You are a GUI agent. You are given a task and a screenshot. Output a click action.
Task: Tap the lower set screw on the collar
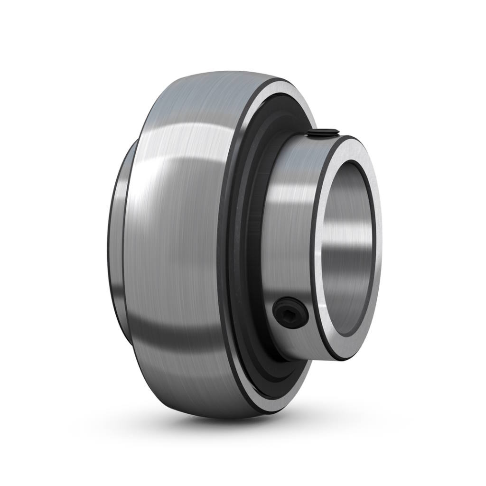click(x=291, y=313)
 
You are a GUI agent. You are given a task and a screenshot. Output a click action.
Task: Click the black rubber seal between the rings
click(x=247, y=247)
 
